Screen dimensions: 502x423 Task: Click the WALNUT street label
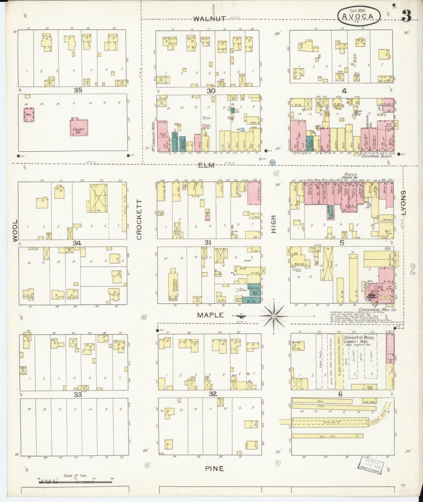(x=209, y=19)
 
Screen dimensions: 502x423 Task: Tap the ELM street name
(x=206, y=166)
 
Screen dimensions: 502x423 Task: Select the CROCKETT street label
(x=139, y=220)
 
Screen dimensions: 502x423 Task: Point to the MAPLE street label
(x=210, y=315)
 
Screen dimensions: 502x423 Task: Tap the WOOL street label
(x=15, y=231)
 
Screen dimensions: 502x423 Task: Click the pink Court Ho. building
(x=79, y=127)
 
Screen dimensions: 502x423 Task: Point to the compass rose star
(x=274, y=316)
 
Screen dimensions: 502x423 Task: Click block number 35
(x=78, y=91)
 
